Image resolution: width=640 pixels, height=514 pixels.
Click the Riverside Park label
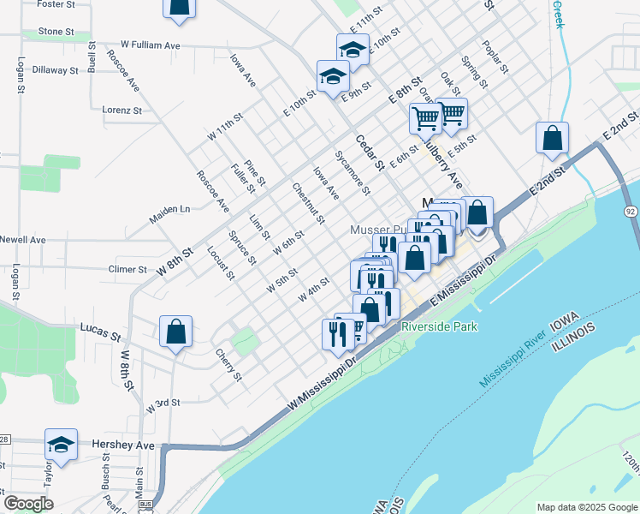click(439, 326)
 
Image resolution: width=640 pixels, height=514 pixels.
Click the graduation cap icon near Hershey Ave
click(61, 445)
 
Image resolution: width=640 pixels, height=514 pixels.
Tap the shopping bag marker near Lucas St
click(175, 332)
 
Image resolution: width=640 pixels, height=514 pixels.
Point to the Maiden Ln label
click(169, 214)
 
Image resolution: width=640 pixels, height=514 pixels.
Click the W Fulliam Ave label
click(151, 44)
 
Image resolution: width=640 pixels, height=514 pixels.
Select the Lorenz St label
click(121, 110)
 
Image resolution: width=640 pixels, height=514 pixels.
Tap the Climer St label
click(128, 269)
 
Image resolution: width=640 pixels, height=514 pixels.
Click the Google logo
click(29, 503)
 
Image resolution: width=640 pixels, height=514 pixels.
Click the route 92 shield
click(631, 212)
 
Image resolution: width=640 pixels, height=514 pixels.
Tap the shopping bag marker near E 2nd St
click(553, 137)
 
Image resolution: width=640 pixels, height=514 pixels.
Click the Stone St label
click(56, 32)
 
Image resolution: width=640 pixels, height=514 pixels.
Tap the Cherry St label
click(225, 365)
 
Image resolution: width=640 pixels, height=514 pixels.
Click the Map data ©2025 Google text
click(586, 507)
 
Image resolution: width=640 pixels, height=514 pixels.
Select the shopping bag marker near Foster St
click(180, 7)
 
